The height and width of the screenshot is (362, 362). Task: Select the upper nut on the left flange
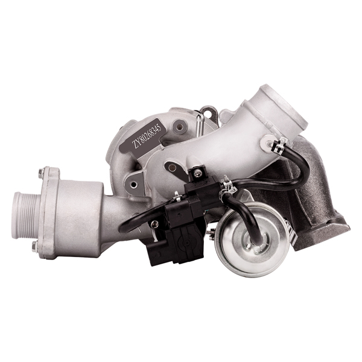[41, 173]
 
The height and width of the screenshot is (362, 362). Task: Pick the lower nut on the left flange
[35, 246]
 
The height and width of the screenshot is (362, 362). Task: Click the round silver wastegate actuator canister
[250, 240]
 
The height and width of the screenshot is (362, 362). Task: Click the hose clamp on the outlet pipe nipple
[279, 145]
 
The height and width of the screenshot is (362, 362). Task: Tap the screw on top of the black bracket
[197, 173]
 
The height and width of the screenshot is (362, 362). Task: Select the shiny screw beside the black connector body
[154, 224]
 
